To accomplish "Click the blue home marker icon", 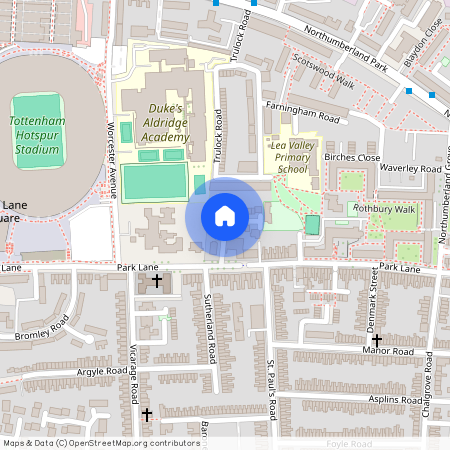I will coord(225,216).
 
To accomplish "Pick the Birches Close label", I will coord(353,158).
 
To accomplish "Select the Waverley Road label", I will coord(410,169).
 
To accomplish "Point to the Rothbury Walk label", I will coord(387,209).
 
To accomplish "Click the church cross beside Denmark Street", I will coord(376,340).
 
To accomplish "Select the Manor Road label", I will coord(388,352).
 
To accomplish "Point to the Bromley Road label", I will coord(42,329).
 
